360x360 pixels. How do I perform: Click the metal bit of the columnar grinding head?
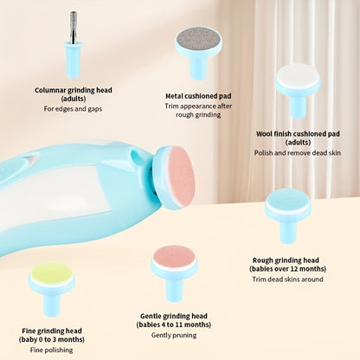tap(74, 28)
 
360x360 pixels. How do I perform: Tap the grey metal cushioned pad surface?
tap(199, 39)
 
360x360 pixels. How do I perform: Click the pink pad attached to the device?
tap(182, 176)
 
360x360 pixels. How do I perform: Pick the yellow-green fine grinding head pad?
tap(52, 273)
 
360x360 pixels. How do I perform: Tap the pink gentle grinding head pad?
tap(174, 256)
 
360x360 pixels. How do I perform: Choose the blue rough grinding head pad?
tap(287, 199)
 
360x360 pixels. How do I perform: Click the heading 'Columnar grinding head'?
tap(74, 90)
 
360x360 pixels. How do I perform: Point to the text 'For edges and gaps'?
tap(73, 109)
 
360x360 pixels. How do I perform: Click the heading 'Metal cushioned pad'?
tap(198, 96)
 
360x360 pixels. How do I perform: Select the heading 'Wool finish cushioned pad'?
tap(298, 134)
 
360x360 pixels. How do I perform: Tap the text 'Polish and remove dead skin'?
tap(298, 152)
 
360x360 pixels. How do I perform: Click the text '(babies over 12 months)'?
tap(287, 269)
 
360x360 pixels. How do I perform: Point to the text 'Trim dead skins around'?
tap(287, 280)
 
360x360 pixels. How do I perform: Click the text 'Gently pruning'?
tap(174, 335)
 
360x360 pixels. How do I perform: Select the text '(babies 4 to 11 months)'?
tap(174, 325)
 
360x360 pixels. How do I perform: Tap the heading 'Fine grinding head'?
tap(52, 331)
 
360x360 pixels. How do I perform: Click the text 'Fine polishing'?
tap(51, 350)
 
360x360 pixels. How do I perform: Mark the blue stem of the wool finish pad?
tap(298, 106)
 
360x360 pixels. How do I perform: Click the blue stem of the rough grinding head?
tap(287, 232)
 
